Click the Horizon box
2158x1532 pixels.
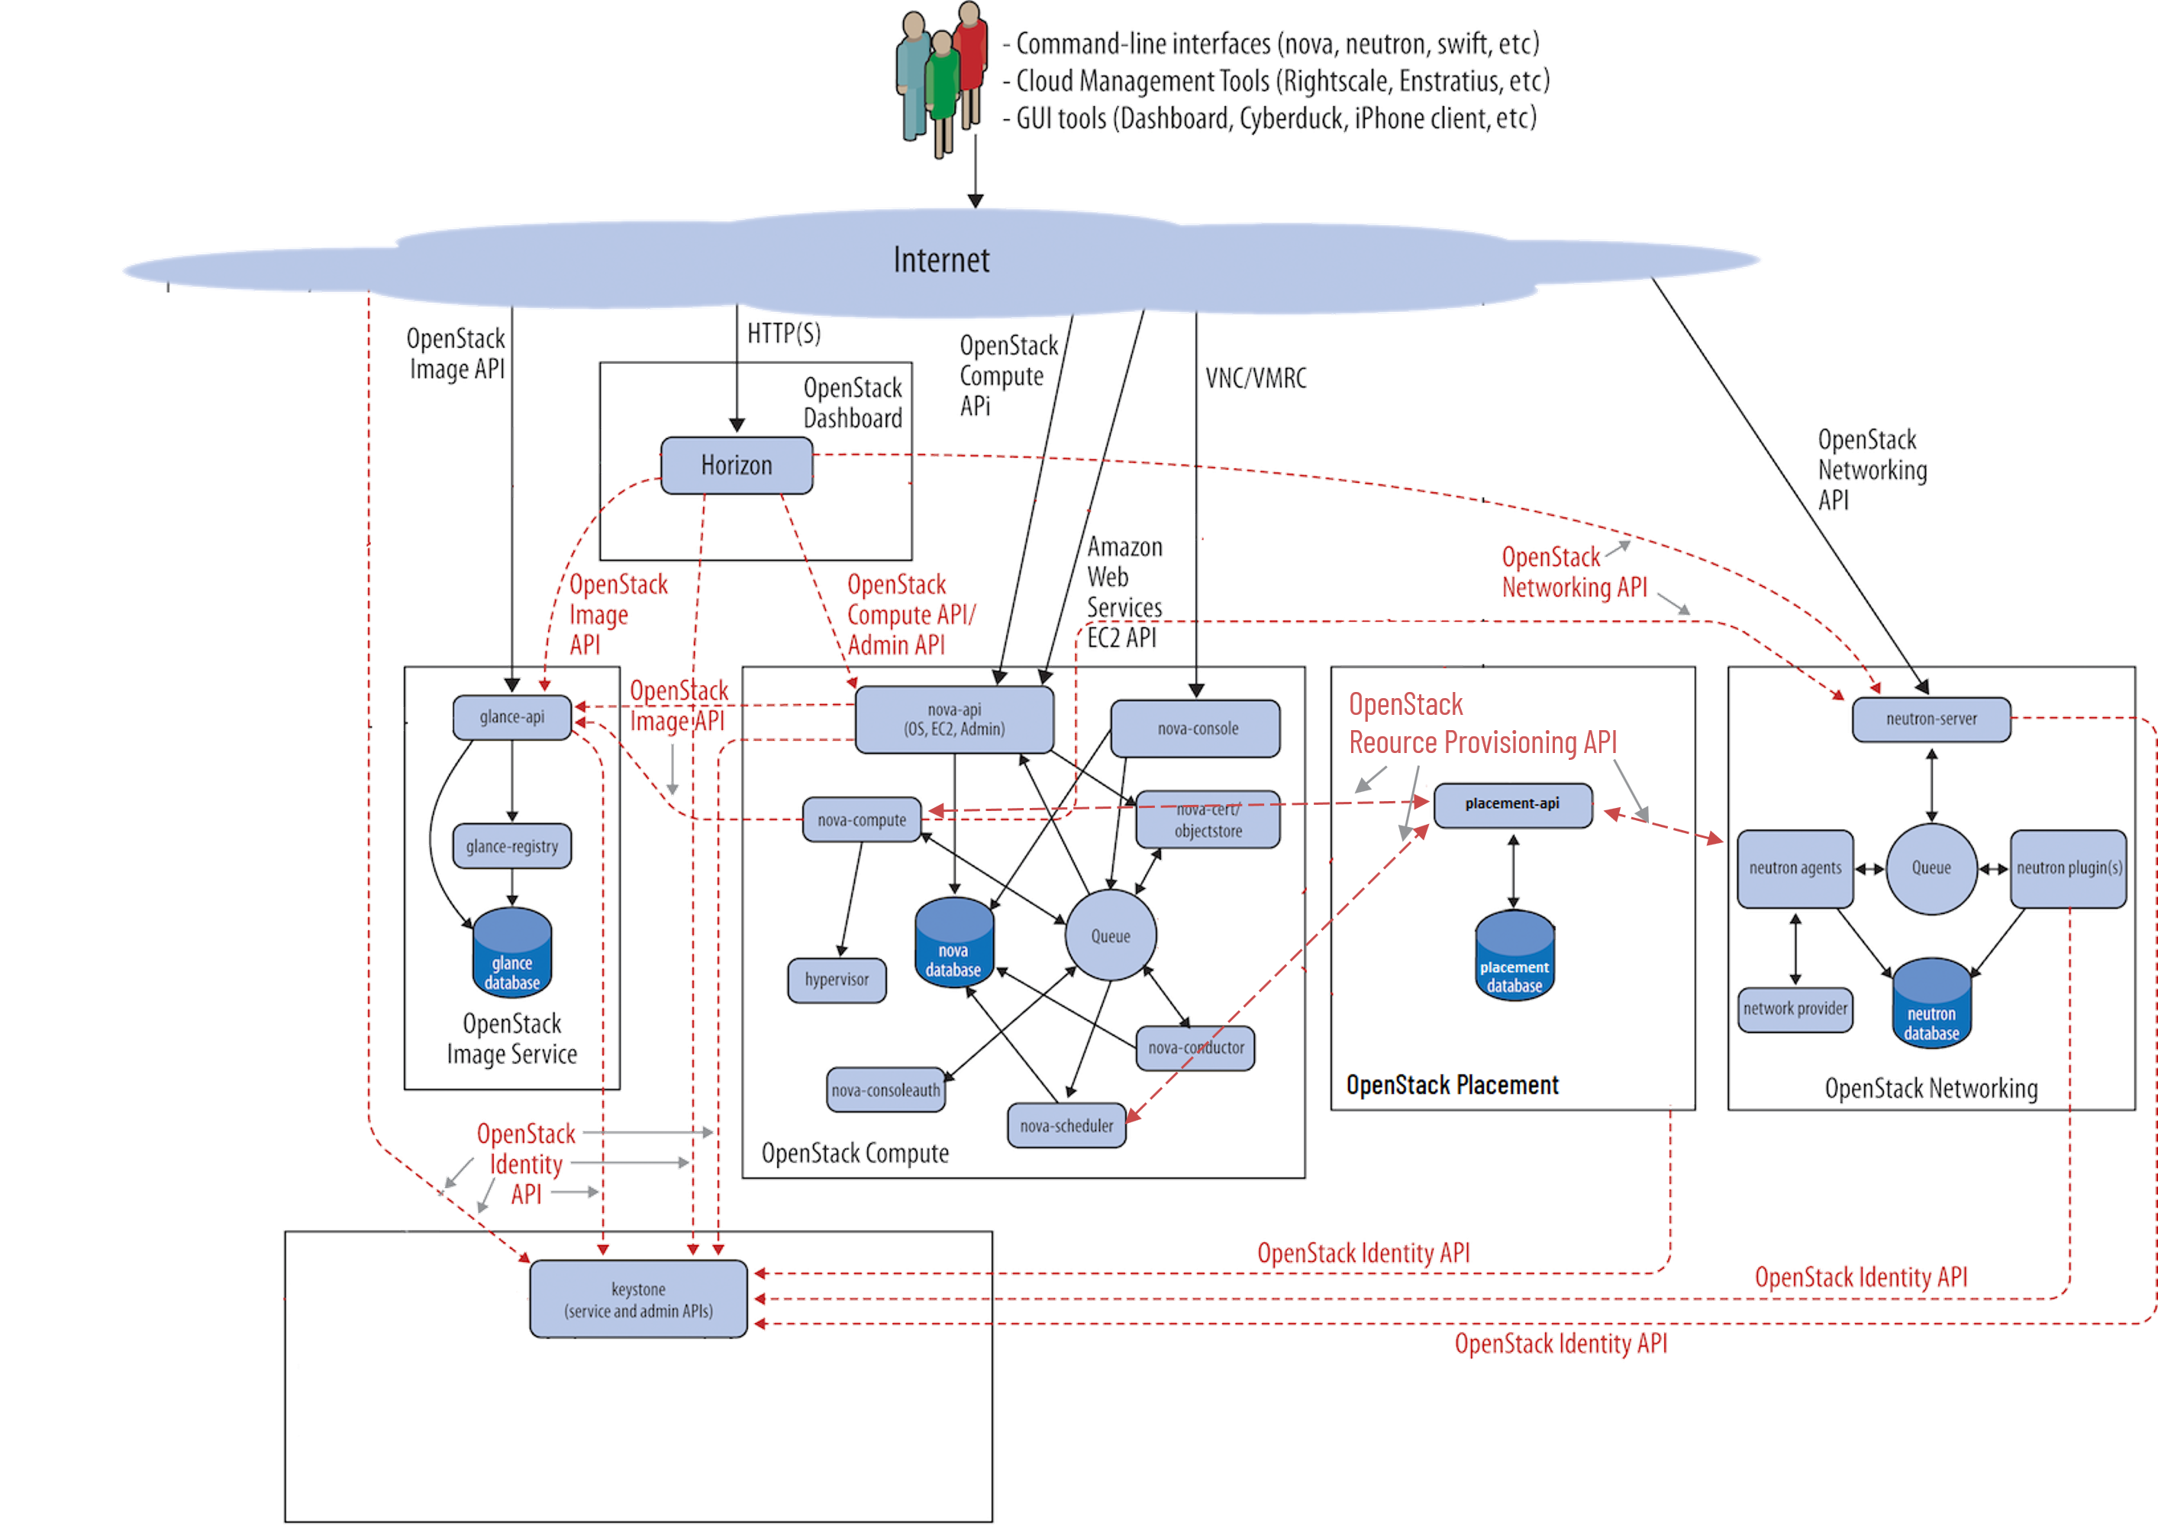pyautogui.click(x=736, y=465)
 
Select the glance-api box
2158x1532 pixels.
pyautogui.click(x=511, y=717)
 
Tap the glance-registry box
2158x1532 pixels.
pyautogui.click(x=511, y=846)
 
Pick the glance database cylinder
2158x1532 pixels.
pyautogui.click(x=512, y=954)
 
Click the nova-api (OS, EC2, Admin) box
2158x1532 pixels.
pyautogui.click(x=954, y=719)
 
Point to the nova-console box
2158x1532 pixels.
pyautogui.click(x=1196, y=729)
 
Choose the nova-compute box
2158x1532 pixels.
pyautogui.click(x=860, y=819)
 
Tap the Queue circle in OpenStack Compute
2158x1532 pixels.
pyautogui.click(x=1111, y=936)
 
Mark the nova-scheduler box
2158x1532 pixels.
pyautogui.click(x=1066, y=1125)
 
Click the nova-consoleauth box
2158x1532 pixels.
pyautogui.click(x=885, y=1089)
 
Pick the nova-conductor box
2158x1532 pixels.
pyautogui.click(x=1195, y=1047)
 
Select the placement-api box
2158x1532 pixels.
pyautogui.click(x=1512, y=803)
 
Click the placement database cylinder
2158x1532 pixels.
pyautogui.click(x=1514, y=957)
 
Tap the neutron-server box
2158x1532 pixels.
pyautogui.click(x=1931, y=719)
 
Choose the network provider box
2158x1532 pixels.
pyautogui.click(x=1795, y=1009)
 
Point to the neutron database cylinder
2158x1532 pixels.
pyautogui.click(x=1931, y=1005)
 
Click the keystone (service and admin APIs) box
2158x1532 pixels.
pyautogui.click(x=638, y=1299)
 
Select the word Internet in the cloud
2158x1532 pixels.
pyautogui.click(x=940, y=260)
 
